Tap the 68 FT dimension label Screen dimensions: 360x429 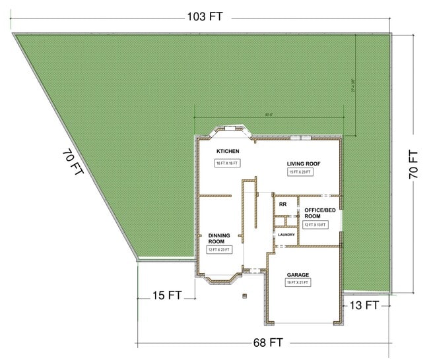point(267,343)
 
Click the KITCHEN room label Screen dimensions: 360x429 point(227,152)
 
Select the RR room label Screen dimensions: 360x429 point(282,204)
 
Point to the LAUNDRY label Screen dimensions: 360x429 point(285,235)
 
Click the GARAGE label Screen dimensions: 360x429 point(298,274)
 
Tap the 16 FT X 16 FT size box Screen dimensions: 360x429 point(226,163)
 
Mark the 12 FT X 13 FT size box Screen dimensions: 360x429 point(315,225)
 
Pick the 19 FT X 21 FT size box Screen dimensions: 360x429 point(298,283)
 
